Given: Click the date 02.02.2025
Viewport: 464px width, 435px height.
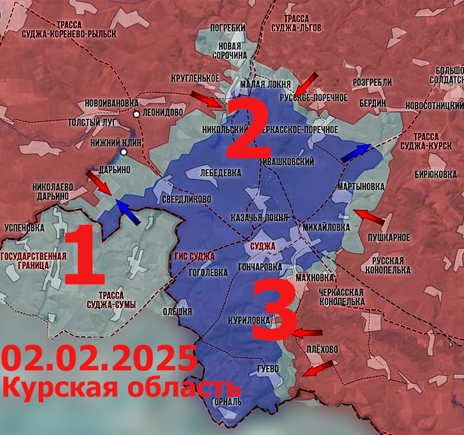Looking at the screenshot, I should [x=99, y=359].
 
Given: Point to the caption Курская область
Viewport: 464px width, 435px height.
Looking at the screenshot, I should [x=121, y=387].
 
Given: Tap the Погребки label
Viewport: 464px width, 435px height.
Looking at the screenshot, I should [x=228, y=28].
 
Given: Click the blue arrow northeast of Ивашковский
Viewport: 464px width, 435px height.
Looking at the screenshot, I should [x=354, y=153].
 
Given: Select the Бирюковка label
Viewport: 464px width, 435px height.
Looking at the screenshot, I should [x=436, y=174].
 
